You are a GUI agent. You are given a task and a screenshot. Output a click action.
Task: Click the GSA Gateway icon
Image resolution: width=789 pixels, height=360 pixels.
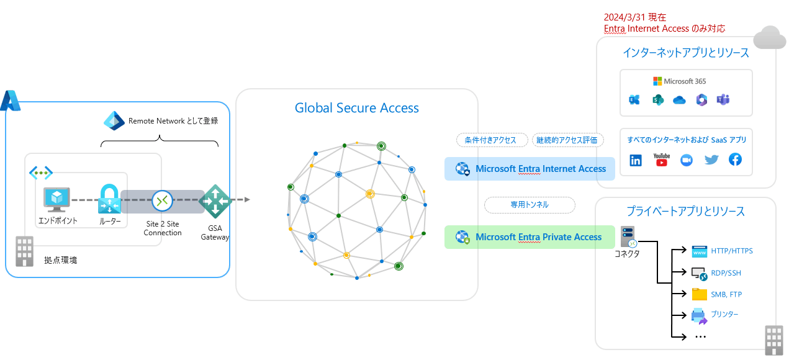(x=215, y=201)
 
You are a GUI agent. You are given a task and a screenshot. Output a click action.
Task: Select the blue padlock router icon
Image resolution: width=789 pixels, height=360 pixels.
(x=109, y=199)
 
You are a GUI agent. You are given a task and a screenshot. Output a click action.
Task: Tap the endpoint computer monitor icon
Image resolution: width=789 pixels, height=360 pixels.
(x=57, y=199)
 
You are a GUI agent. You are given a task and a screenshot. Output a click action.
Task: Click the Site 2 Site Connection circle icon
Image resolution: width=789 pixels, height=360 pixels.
(x=162, y=200)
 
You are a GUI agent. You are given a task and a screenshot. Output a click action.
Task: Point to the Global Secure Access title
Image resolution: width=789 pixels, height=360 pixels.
(x=356, y=108)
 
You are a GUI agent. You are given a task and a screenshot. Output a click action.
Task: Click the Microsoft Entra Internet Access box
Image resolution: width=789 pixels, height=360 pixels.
(x=530, y=169)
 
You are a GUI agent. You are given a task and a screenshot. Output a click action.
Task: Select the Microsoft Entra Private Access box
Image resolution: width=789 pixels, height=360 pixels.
(x=530, y=237)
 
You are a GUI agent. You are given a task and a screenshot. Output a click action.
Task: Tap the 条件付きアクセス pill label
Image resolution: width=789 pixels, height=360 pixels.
(x=491, y=140)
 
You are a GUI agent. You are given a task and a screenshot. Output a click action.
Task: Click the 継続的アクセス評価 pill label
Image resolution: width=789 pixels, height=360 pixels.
(x=567, y=140)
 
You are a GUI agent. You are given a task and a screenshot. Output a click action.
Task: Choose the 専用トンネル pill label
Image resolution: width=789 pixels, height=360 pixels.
(x=530, y=204)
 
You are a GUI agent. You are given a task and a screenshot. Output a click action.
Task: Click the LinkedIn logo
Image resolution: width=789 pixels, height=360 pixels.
(x=636, y=160)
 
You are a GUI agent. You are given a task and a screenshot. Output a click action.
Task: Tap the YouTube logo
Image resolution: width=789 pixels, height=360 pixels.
(x=661, y=160)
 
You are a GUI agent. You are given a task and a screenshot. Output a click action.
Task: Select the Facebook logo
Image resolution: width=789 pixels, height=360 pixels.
(x=735, y=160)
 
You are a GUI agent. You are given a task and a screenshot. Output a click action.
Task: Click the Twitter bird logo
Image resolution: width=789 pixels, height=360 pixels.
(x=711, y=160)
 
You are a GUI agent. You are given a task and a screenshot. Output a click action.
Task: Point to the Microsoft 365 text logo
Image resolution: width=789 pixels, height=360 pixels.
(x=680, y=81)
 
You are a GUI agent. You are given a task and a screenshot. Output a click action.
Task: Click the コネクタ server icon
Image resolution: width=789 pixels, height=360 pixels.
(x=627, y=236)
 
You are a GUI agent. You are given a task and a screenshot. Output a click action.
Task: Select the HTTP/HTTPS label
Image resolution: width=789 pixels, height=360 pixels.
(x=731, y=251)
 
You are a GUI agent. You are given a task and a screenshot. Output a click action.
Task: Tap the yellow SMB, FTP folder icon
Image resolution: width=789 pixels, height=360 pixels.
(x=700, y=294)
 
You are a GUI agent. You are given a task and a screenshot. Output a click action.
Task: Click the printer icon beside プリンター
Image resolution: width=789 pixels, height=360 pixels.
(x=700, y=316)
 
